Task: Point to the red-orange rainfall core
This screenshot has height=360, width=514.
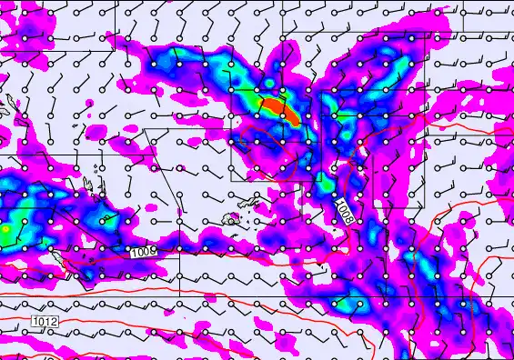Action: point(278,110)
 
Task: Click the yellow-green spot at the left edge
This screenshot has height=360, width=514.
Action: point(7,230)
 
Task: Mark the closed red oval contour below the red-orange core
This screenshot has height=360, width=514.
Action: point(273,155)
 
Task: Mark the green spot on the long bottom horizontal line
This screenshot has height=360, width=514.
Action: point(428,297)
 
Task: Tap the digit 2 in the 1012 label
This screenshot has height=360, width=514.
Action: point(55,321)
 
